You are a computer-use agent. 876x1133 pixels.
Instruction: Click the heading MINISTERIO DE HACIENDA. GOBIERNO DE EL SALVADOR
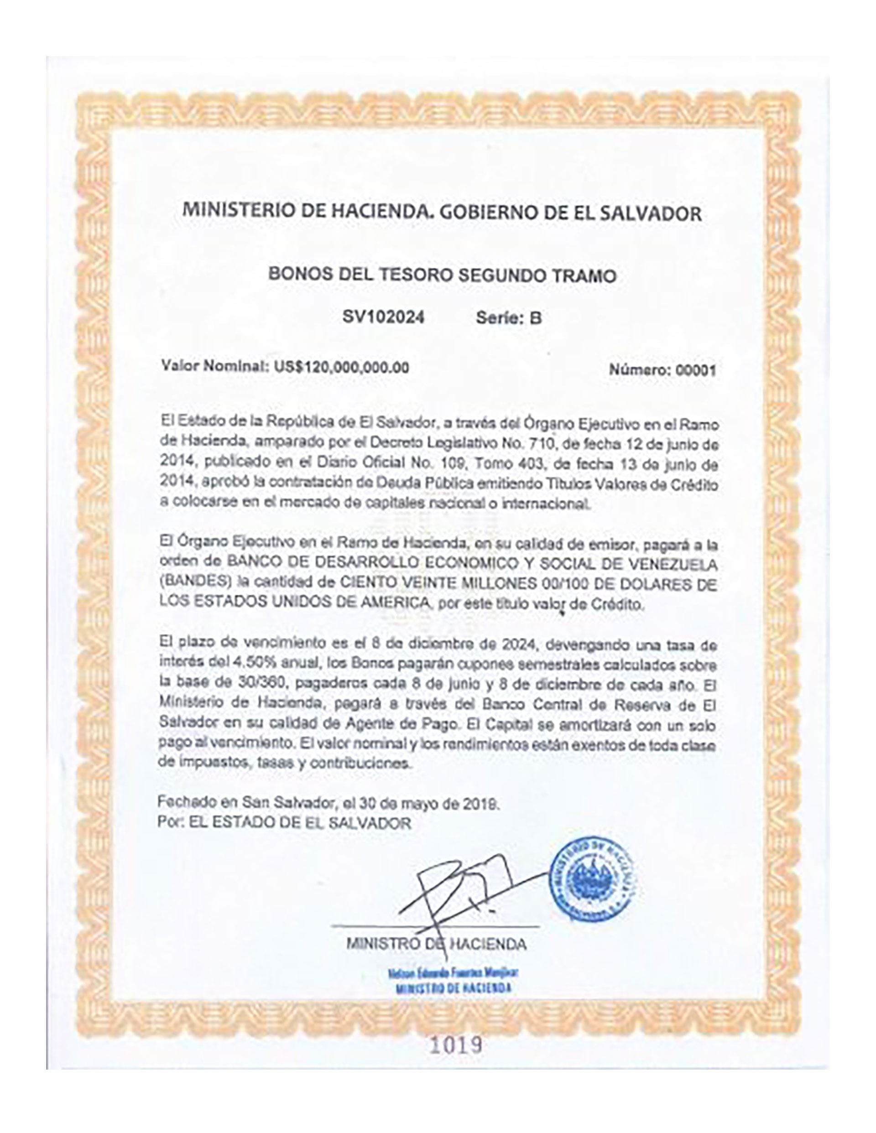pos(442,213)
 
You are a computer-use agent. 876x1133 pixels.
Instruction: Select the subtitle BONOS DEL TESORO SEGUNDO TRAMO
pos(442,275)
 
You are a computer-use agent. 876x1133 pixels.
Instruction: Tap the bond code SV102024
pos(383,317)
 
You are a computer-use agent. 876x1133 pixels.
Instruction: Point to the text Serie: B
pos(509,317)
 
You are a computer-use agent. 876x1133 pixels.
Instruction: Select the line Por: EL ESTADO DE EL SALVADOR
pos(284,823)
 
